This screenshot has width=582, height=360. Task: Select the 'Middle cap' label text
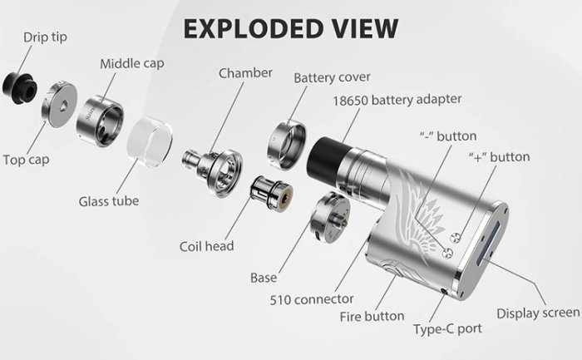(131, 64)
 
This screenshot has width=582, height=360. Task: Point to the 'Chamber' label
(245, 73)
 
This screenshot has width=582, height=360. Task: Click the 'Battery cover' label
(332, 77)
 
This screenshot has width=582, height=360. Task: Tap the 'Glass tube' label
(109, 201)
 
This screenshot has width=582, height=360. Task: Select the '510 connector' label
(313, 298)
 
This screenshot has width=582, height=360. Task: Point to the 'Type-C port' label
(447, 328)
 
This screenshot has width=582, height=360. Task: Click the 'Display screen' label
(538, 313)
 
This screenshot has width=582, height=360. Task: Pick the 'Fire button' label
(372, 316)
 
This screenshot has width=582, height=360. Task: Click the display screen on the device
(498, 237)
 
